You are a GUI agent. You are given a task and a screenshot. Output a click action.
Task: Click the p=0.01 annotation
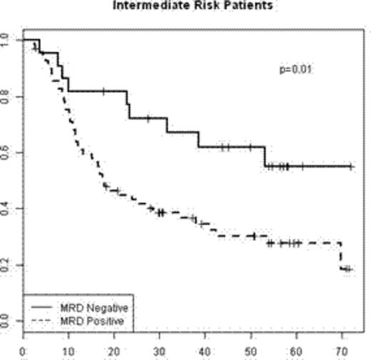point(295,69)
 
